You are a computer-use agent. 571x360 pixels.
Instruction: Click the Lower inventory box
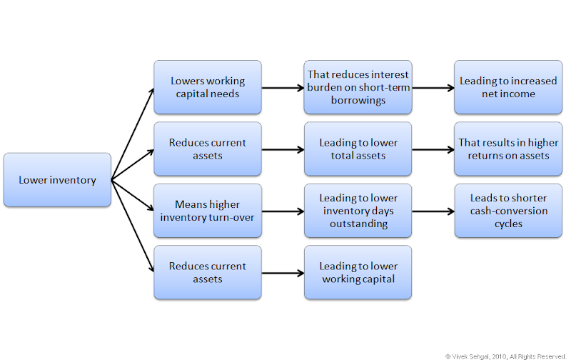57,180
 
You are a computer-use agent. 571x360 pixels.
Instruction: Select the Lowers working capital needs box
207,87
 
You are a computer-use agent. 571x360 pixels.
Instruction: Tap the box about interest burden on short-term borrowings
358,87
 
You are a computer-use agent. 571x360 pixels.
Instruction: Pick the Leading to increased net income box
507,87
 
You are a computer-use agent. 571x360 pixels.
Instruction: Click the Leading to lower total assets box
358,149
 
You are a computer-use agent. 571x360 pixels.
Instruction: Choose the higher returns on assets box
507,149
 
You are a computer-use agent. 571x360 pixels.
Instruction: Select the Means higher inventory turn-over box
207,211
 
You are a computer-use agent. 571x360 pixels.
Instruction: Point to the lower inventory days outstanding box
358,211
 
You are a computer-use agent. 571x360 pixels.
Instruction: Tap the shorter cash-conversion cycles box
507,211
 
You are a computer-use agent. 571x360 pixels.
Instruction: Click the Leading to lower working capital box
358,272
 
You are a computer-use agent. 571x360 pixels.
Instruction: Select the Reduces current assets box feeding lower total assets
207,149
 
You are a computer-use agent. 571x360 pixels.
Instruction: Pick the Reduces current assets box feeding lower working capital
207,272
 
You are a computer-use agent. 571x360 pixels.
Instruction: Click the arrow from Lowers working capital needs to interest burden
282,88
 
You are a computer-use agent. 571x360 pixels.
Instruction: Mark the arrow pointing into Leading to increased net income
433,88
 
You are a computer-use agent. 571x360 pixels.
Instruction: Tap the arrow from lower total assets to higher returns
433,150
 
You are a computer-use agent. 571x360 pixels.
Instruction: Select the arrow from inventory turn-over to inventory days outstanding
282,211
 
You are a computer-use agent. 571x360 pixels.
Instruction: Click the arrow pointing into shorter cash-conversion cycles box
433,211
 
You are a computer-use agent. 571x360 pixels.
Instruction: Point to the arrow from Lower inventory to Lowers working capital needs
133,134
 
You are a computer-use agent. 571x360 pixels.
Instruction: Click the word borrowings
358,101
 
